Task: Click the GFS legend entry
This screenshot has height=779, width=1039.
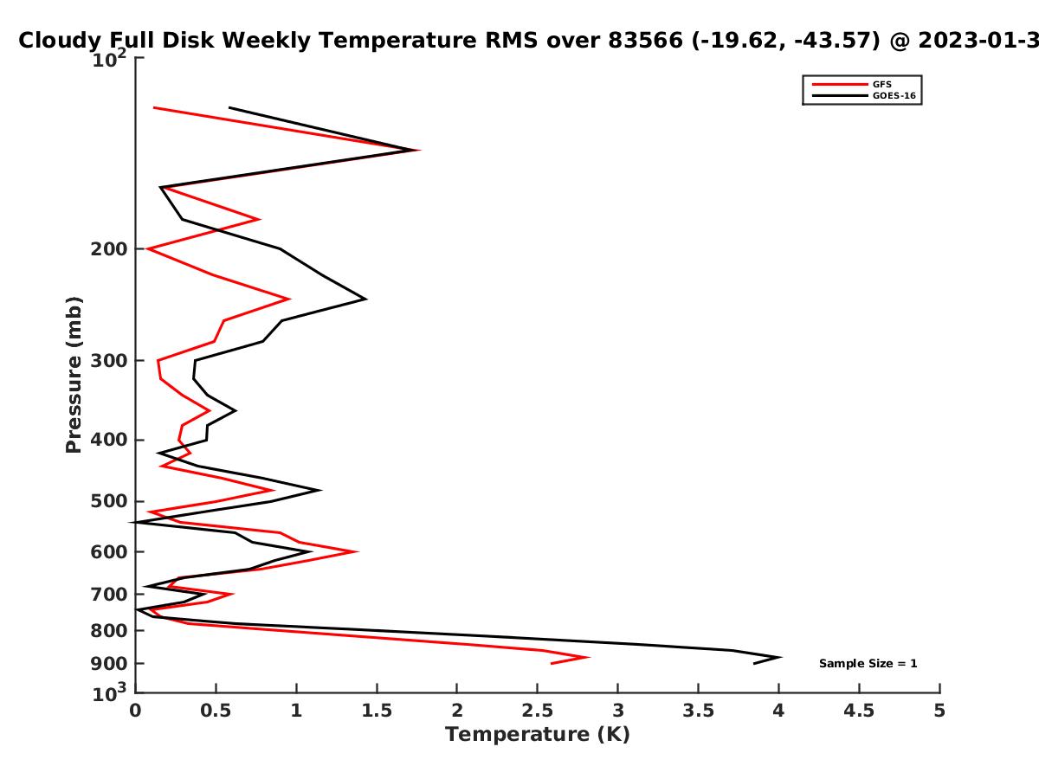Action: tap(852, 84)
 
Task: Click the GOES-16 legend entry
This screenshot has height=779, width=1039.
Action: tap(864, 95)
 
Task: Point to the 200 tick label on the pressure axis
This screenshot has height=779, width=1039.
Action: tap(109, 248)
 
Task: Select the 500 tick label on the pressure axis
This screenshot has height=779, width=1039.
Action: tap(109, 501)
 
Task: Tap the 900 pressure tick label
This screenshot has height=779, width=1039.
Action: tap(109, 664)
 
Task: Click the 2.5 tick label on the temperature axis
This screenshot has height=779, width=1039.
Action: tap(538, 711)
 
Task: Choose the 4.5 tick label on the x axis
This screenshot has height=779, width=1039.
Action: tap(859, 711)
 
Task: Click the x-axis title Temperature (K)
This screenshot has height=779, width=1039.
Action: tap(538, 735)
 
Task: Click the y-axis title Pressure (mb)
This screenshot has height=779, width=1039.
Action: tap(74, 375)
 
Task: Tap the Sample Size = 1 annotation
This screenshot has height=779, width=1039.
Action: tap(868, 664)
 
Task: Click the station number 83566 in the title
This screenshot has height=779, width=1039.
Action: tap(646, 40)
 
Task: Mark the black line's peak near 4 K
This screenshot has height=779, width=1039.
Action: tap(780, 657)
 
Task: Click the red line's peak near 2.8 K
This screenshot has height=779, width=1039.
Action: tap(588, 657)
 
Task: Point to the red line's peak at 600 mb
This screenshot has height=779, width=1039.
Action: tap(357, 551)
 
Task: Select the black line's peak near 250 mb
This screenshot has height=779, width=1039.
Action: tap(366, 299)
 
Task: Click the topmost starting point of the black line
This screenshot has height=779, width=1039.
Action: tap(229, 108)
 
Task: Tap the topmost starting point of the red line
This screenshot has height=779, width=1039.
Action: tap(154, 108)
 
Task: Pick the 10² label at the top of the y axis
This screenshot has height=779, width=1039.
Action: tap(109, 59)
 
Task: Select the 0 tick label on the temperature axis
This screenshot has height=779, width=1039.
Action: tap(135, 711)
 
